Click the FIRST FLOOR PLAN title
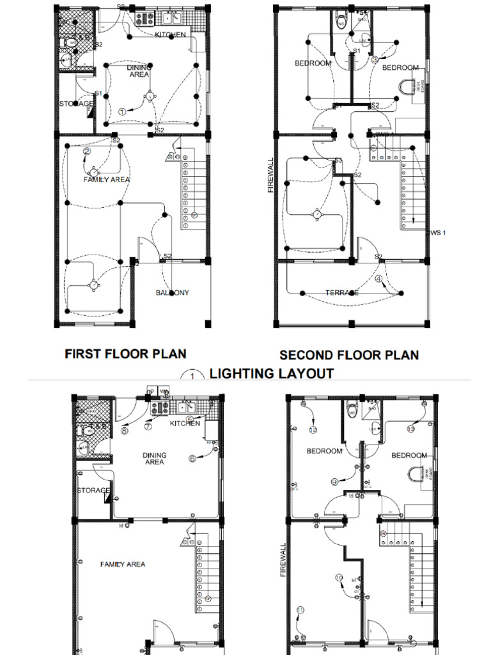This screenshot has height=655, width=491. (125, 353)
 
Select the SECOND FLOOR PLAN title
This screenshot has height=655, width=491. (349, 355)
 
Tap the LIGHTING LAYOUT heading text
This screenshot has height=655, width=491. (272, 374)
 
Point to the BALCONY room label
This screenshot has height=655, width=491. (173, 293)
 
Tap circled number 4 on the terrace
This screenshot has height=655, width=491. (379, 279)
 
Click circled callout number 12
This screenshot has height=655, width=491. (313, 429)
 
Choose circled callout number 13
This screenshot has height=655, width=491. (411, 429)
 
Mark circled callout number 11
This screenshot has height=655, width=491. (300, 610)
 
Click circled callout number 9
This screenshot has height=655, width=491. (334, 482)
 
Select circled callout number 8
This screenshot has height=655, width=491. (124, 430)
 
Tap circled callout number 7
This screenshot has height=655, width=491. (148, 426)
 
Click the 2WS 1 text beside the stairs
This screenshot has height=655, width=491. (435, 232)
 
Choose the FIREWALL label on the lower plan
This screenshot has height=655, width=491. (282, 560)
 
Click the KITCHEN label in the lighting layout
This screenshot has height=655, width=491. (170, 35)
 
